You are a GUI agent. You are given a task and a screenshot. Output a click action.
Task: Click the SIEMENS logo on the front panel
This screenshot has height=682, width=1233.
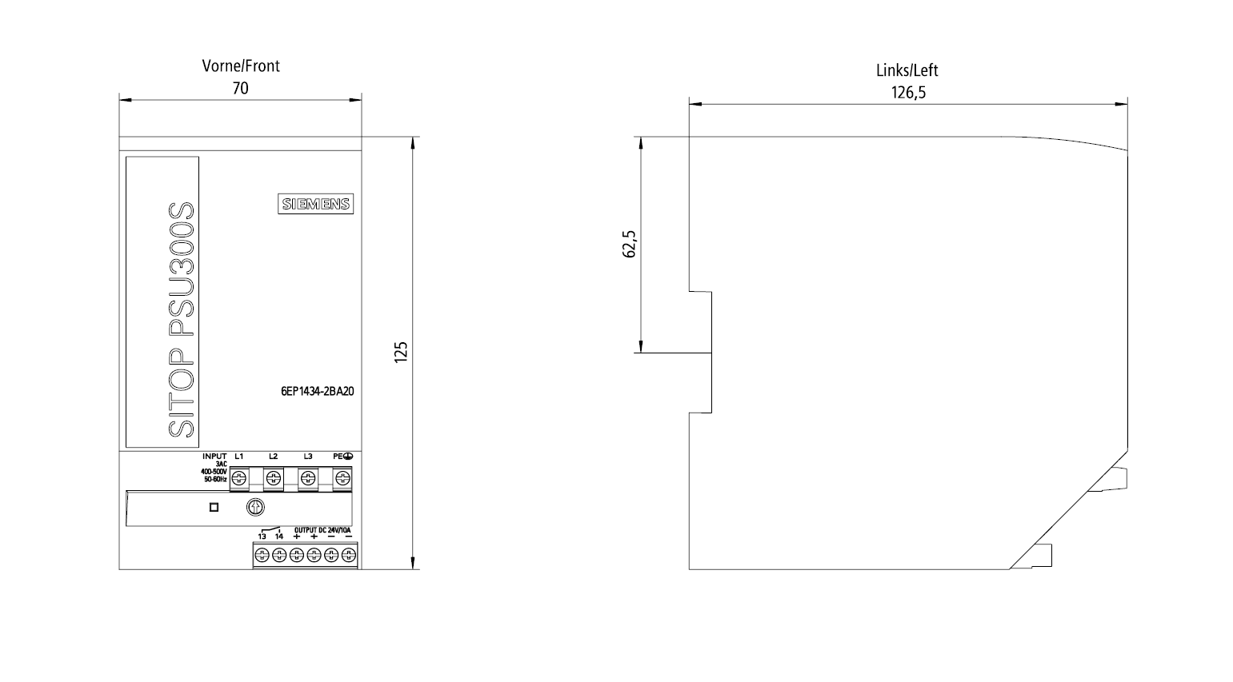tap(315, 204)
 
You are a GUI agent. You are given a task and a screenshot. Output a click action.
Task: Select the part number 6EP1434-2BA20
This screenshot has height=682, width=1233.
tap(317, 391)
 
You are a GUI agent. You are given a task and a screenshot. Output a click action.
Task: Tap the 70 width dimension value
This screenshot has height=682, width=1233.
tap(241, 88)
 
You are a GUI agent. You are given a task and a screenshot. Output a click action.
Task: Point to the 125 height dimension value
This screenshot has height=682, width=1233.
tap(401, 352)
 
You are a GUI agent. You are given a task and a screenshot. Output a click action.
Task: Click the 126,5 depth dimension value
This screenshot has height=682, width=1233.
tap(908, 93)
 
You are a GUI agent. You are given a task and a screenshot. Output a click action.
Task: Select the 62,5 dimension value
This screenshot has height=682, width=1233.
tap(629, 244)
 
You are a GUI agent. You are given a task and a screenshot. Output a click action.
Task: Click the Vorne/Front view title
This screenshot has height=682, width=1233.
tap(241, 66)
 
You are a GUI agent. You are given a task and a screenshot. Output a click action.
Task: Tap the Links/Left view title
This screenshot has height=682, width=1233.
tap(907, 70)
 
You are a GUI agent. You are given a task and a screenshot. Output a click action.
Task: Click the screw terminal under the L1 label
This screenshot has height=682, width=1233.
tap(239, 478)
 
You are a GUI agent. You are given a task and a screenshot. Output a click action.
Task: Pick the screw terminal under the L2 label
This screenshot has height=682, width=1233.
tap(273, 478)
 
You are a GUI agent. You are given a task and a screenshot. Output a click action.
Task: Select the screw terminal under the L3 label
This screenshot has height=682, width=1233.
tap(308, 478)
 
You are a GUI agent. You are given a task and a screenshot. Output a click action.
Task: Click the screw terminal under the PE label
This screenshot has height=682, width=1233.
tap(342, 478)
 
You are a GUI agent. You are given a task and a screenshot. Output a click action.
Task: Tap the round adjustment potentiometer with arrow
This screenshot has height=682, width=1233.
tap(255, 507)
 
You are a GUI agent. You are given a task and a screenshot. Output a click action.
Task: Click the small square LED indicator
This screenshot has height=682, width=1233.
tap(214, 507)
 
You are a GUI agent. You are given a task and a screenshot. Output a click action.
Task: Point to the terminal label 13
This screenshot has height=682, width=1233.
tap(262, 536)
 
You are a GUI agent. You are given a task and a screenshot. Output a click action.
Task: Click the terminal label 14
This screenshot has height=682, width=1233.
tap(279, 536)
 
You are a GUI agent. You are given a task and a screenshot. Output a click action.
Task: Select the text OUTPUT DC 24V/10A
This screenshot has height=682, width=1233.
tap(322, 530)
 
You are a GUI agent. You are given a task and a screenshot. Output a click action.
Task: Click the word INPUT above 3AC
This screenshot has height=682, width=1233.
tap(214, 457)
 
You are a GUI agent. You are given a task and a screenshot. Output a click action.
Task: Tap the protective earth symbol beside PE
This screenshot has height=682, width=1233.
tap(348, 457)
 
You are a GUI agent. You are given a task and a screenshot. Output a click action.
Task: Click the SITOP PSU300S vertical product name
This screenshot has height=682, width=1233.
tap(181, 320)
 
